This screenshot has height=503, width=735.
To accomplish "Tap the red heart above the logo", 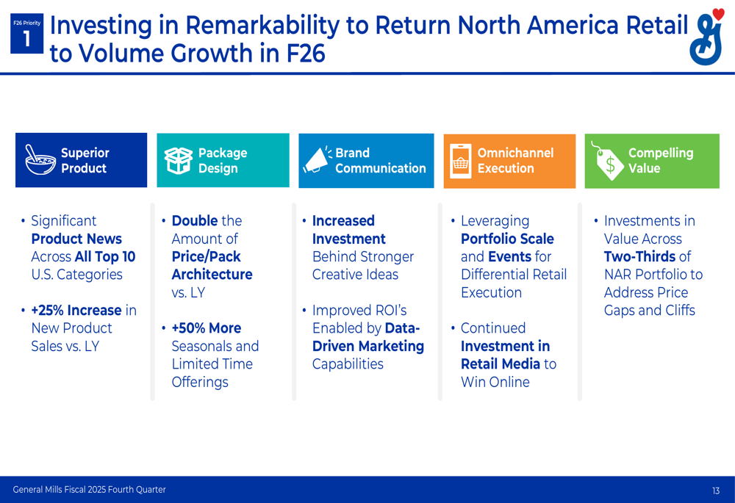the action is pyautogui.click(x=717, y=14).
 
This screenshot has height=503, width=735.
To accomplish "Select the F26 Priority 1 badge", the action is pyautogui.click(x=26, y=33).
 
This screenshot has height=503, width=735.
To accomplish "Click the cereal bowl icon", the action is pyautogui.click(x=40, y=160).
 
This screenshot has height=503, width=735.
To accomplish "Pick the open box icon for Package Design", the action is pyautogui.click(x=178, y=161).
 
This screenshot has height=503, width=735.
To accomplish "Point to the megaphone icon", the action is pyautogui.click(x=318, y=159).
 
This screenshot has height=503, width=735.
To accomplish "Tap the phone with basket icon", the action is pyautogui.click(x=460, y=161).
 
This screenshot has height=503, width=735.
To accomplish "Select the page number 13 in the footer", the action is pyautogui.click(x=716, y=491).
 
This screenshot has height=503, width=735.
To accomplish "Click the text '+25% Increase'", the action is pyautogui.click(x=76, y=310).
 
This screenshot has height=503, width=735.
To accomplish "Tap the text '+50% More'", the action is pyautogui.click(x=207, y=328).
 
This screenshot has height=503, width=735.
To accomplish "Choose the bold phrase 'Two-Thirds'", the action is pyautogui.click(x=640, y=257).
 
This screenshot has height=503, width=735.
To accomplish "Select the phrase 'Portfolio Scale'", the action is pyautogui.click(x=507, y=239).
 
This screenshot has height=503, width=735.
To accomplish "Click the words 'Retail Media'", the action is pyautogui.click(x=501, y=364).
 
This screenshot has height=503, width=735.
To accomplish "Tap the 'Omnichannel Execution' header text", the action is pyautogui.click(x=515, y=160).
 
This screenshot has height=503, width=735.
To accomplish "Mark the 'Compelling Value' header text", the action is pyautogui.click(x=661, y=160).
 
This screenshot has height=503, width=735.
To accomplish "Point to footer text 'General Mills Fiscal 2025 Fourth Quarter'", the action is pyautogui.click(x=89, y=490).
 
